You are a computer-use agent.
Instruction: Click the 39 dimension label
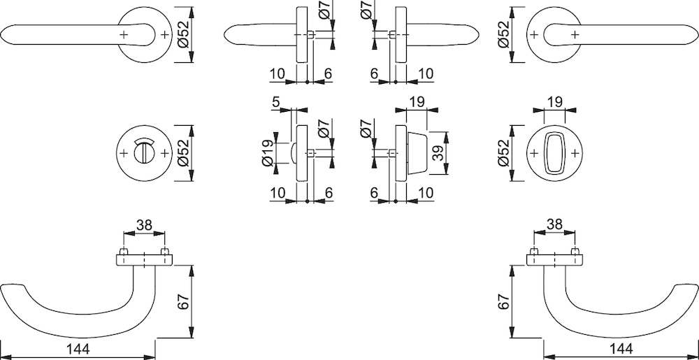(x=438, y=154)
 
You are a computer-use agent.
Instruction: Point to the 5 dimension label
(x=275, y=102)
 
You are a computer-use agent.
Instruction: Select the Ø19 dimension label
(x=268, y=154)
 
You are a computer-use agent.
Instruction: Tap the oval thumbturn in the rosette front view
(x=554, y=153)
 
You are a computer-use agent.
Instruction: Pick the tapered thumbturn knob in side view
(x=416, y=154)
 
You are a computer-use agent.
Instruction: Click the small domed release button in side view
(x=293, y=153)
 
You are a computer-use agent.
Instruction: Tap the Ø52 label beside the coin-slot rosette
(x=184, y=153)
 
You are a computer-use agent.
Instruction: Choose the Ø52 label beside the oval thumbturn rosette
(x=504, y=153)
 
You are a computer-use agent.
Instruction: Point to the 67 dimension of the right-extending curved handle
(x=504, y=302)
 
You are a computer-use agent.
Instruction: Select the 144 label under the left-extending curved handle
(x=79, y=350)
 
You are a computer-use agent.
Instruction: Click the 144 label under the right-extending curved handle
(x=621, y=350)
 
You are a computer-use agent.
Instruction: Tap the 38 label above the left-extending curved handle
(x=144, y=226)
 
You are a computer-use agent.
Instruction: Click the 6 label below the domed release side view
(x=329, y=193)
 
